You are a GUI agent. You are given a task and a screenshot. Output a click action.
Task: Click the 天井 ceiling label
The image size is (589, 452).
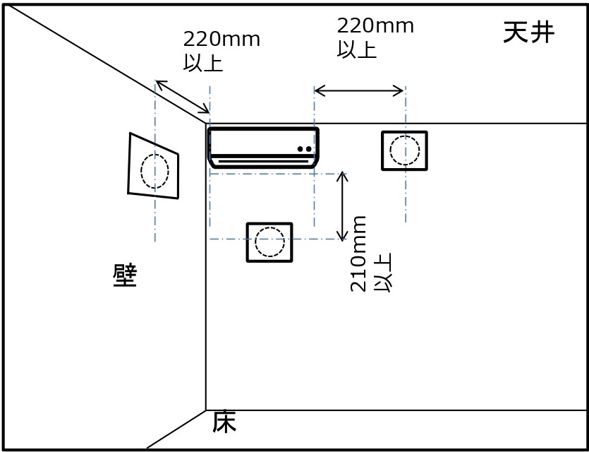click(x=528, y=32)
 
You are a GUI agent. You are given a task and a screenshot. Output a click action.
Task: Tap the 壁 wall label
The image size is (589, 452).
click(x=125, y=275)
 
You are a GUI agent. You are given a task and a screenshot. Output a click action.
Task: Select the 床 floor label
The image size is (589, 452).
click(x=224, y=422)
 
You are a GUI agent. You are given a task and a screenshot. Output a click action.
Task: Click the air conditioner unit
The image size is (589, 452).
click(x=263, y=148)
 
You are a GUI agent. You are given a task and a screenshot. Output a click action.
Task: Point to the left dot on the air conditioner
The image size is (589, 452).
click(x=300, y=149)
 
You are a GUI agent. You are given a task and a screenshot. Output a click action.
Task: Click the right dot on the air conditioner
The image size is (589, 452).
click(x=309, y=149)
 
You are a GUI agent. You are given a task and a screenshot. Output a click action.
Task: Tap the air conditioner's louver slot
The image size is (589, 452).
click(x=263, y=161)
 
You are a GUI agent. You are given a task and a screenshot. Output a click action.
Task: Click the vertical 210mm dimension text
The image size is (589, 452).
click(x=358, y=254)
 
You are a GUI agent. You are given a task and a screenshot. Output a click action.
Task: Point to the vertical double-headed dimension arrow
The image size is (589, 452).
click(x=342, y=206)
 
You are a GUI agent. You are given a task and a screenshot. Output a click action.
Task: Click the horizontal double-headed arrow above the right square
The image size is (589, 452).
click(x=359, y=90)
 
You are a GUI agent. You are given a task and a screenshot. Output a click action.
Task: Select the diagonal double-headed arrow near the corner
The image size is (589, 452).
click(x=183, y=97)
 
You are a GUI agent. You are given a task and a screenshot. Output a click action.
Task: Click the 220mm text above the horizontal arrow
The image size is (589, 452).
click(x=375, y=26)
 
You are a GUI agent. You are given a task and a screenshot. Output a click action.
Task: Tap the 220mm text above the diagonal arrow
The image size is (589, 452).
click(x=221, y=39)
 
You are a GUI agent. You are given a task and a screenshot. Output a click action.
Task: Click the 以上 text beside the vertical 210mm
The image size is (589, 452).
click(x=383, y=273)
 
